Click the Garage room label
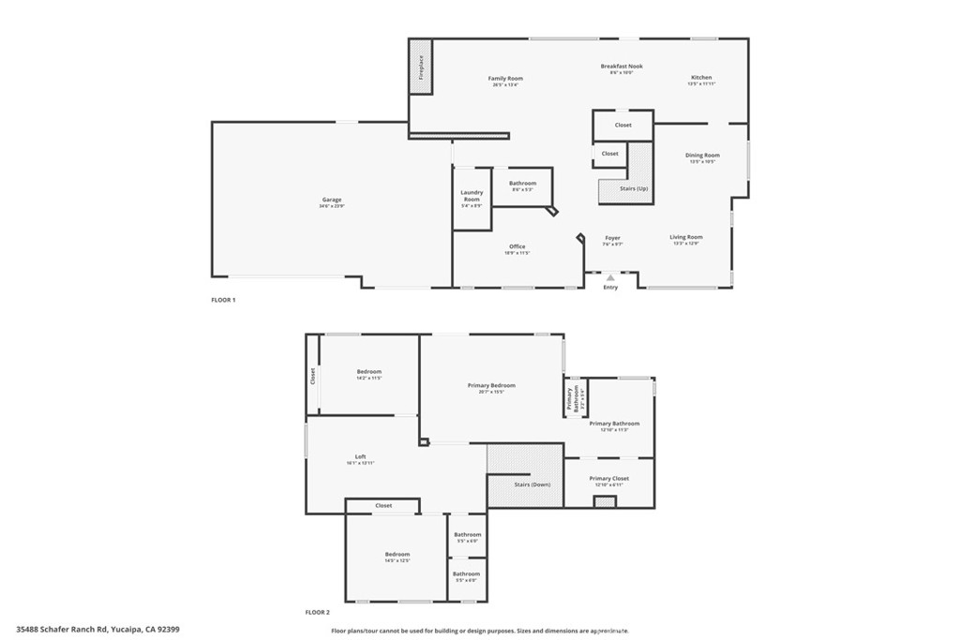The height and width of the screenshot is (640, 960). (332, 200)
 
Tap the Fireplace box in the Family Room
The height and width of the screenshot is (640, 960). (421, 67)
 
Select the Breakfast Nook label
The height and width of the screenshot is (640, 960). (622, 67)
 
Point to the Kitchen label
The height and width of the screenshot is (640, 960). (701, 78)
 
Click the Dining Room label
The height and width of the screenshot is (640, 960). (702, 156)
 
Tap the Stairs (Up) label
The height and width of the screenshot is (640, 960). (634, 188)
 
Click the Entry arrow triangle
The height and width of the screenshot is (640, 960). (610, 278)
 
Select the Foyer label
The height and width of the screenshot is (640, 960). (612, 238)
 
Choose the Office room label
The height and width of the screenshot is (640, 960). (517, 246)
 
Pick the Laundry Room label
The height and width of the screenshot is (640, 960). (472, 196)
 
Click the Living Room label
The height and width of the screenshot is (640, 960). (686, 237)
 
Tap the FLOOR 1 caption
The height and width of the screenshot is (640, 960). (223, 300)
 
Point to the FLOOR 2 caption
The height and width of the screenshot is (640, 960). (317, 612)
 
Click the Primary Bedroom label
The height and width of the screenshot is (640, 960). (491, 385)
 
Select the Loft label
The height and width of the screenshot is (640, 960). (360, 456)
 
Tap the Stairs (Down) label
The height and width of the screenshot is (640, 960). (532, 484)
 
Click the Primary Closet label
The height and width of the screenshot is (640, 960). (609, 479)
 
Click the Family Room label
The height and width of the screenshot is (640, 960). (505, 79)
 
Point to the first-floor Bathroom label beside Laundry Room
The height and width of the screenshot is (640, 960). (522, 184)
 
